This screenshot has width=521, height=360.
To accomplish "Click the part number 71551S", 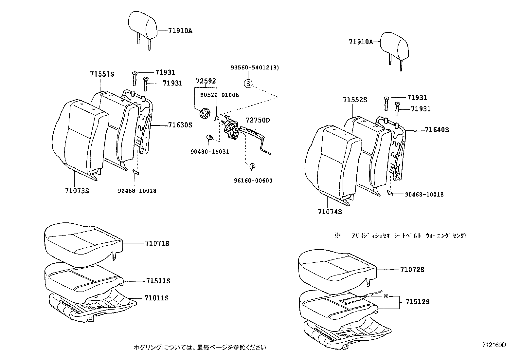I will (x=102, y=74).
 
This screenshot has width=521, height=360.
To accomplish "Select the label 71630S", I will (x=180, y=125).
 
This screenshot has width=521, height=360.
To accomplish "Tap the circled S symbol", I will (x=248, y=84).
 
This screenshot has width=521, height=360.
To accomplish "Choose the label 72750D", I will (x=258, y=120).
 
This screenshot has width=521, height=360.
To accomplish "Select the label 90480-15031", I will (x=210, y=152).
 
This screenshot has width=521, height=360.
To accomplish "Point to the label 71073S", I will (x=77, y=191).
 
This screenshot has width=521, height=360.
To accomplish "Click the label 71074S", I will (x=330, y=212).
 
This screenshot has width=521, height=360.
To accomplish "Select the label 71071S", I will (x=157, y=243).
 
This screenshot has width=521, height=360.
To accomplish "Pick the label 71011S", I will (x=156, y=298).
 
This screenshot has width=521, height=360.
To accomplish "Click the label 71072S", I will (x=412, y=270).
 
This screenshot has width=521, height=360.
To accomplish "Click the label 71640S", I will (x=437, y=130).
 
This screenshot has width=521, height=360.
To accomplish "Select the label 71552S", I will (x=355, y=100).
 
